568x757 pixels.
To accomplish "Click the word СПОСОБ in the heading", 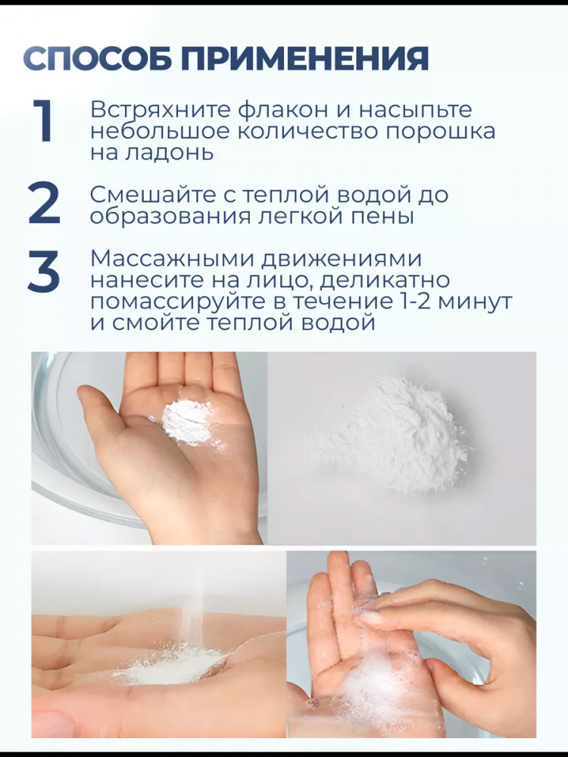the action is click(x=98, y=59).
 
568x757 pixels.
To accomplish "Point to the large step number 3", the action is click(x=44, y=271).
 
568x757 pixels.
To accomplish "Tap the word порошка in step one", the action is click(x=442, y=131).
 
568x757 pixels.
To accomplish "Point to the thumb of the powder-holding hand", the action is click(x=102, y=415).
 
